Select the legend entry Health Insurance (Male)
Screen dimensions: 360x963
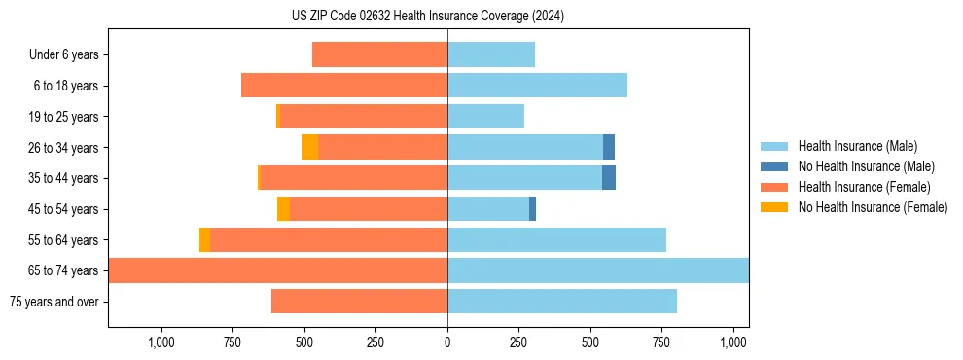pyautogui.click(x=857, y=146)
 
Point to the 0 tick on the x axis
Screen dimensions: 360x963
pyautogui.click(x=447, y=342)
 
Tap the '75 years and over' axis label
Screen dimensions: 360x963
pyautogui.click(x=54, y=302)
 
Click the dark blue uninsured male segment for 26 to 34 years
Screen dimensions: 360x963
pyautogui.click(x=609, y=147)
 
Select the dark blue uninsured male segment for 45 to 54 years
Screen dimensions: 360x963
pyautogui.click(x=532, y=209)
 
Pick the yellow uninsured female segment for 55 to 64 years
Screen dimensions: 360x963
pyautogui.click(x=204, y=240)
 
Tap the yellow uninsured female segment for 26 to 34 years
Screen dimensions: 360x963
pyautogui.click(x=309, y=147)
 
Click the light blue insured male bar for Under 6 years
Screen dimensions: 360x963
pyautogui.click(x=491, y=55)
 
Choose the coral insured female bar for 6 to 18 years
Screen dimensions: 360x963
pyautogui.click(x=344, y=86)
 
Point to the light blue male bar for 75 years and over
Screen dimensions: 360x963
pyautogui.click(x=562, y=302)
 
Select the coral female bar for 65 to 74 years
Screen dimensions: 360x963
pyautogui.click(x=278, y=270)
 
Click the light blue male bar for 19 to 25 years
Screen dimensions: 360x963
pyautogui.click(x=485, y=117)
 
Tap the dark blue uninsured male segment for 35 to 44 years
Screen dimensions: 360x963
pyautogui.click(x=609, y=178)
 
